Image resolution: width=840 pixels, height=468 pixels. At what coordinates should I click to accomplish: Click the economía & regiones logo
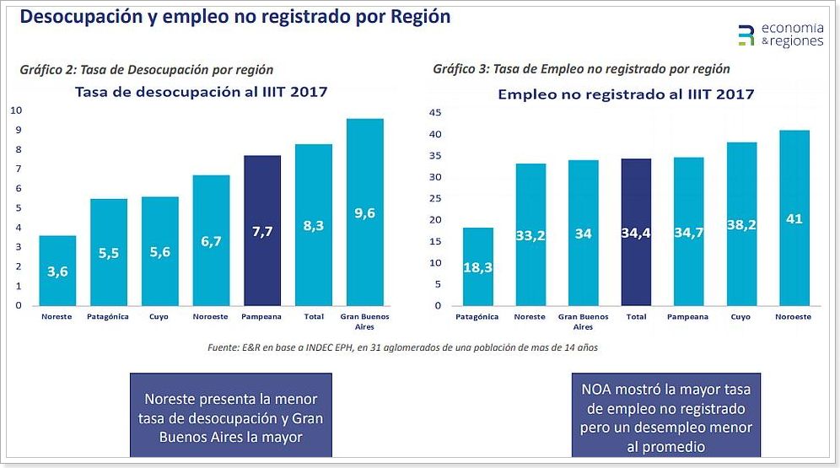(x=779, y=35)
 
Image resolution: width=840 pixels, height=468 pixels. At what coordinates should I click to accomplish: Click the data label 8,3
(x=313, y=226)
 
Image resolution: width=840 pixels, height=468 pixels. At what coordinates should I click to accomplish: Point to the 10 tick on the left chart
(x=15, y=110)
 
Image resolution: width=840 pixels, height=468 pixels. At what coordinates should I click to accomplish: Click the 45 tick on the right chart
(x=436, y=112)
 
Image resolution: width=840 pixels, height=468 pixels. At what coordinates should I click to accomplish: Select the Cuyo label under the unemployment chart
(x=159, y=317)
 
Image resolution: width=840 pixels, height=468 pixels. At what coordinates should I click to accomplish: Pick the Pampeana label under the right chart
(x=688, y=317)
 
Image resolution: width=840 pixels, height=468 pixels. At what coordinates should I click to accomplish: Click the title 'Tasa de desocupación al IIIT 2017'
(x=202, y=92)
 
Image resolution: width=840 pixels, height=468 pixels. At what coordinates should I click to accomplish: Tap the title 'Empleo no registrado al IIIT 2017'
(x=626, y=94)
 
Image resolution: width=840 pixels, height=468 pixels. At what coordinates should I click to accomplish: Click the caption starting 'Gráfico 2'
(x=147, y=70)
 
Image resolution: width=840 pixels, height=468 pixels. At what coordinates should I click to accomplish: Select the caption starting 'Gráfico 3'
(x=581, y=69)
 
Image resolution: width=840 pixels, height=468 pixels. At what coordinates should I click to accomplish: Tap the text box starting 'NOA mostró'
(x=665, y=415)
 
